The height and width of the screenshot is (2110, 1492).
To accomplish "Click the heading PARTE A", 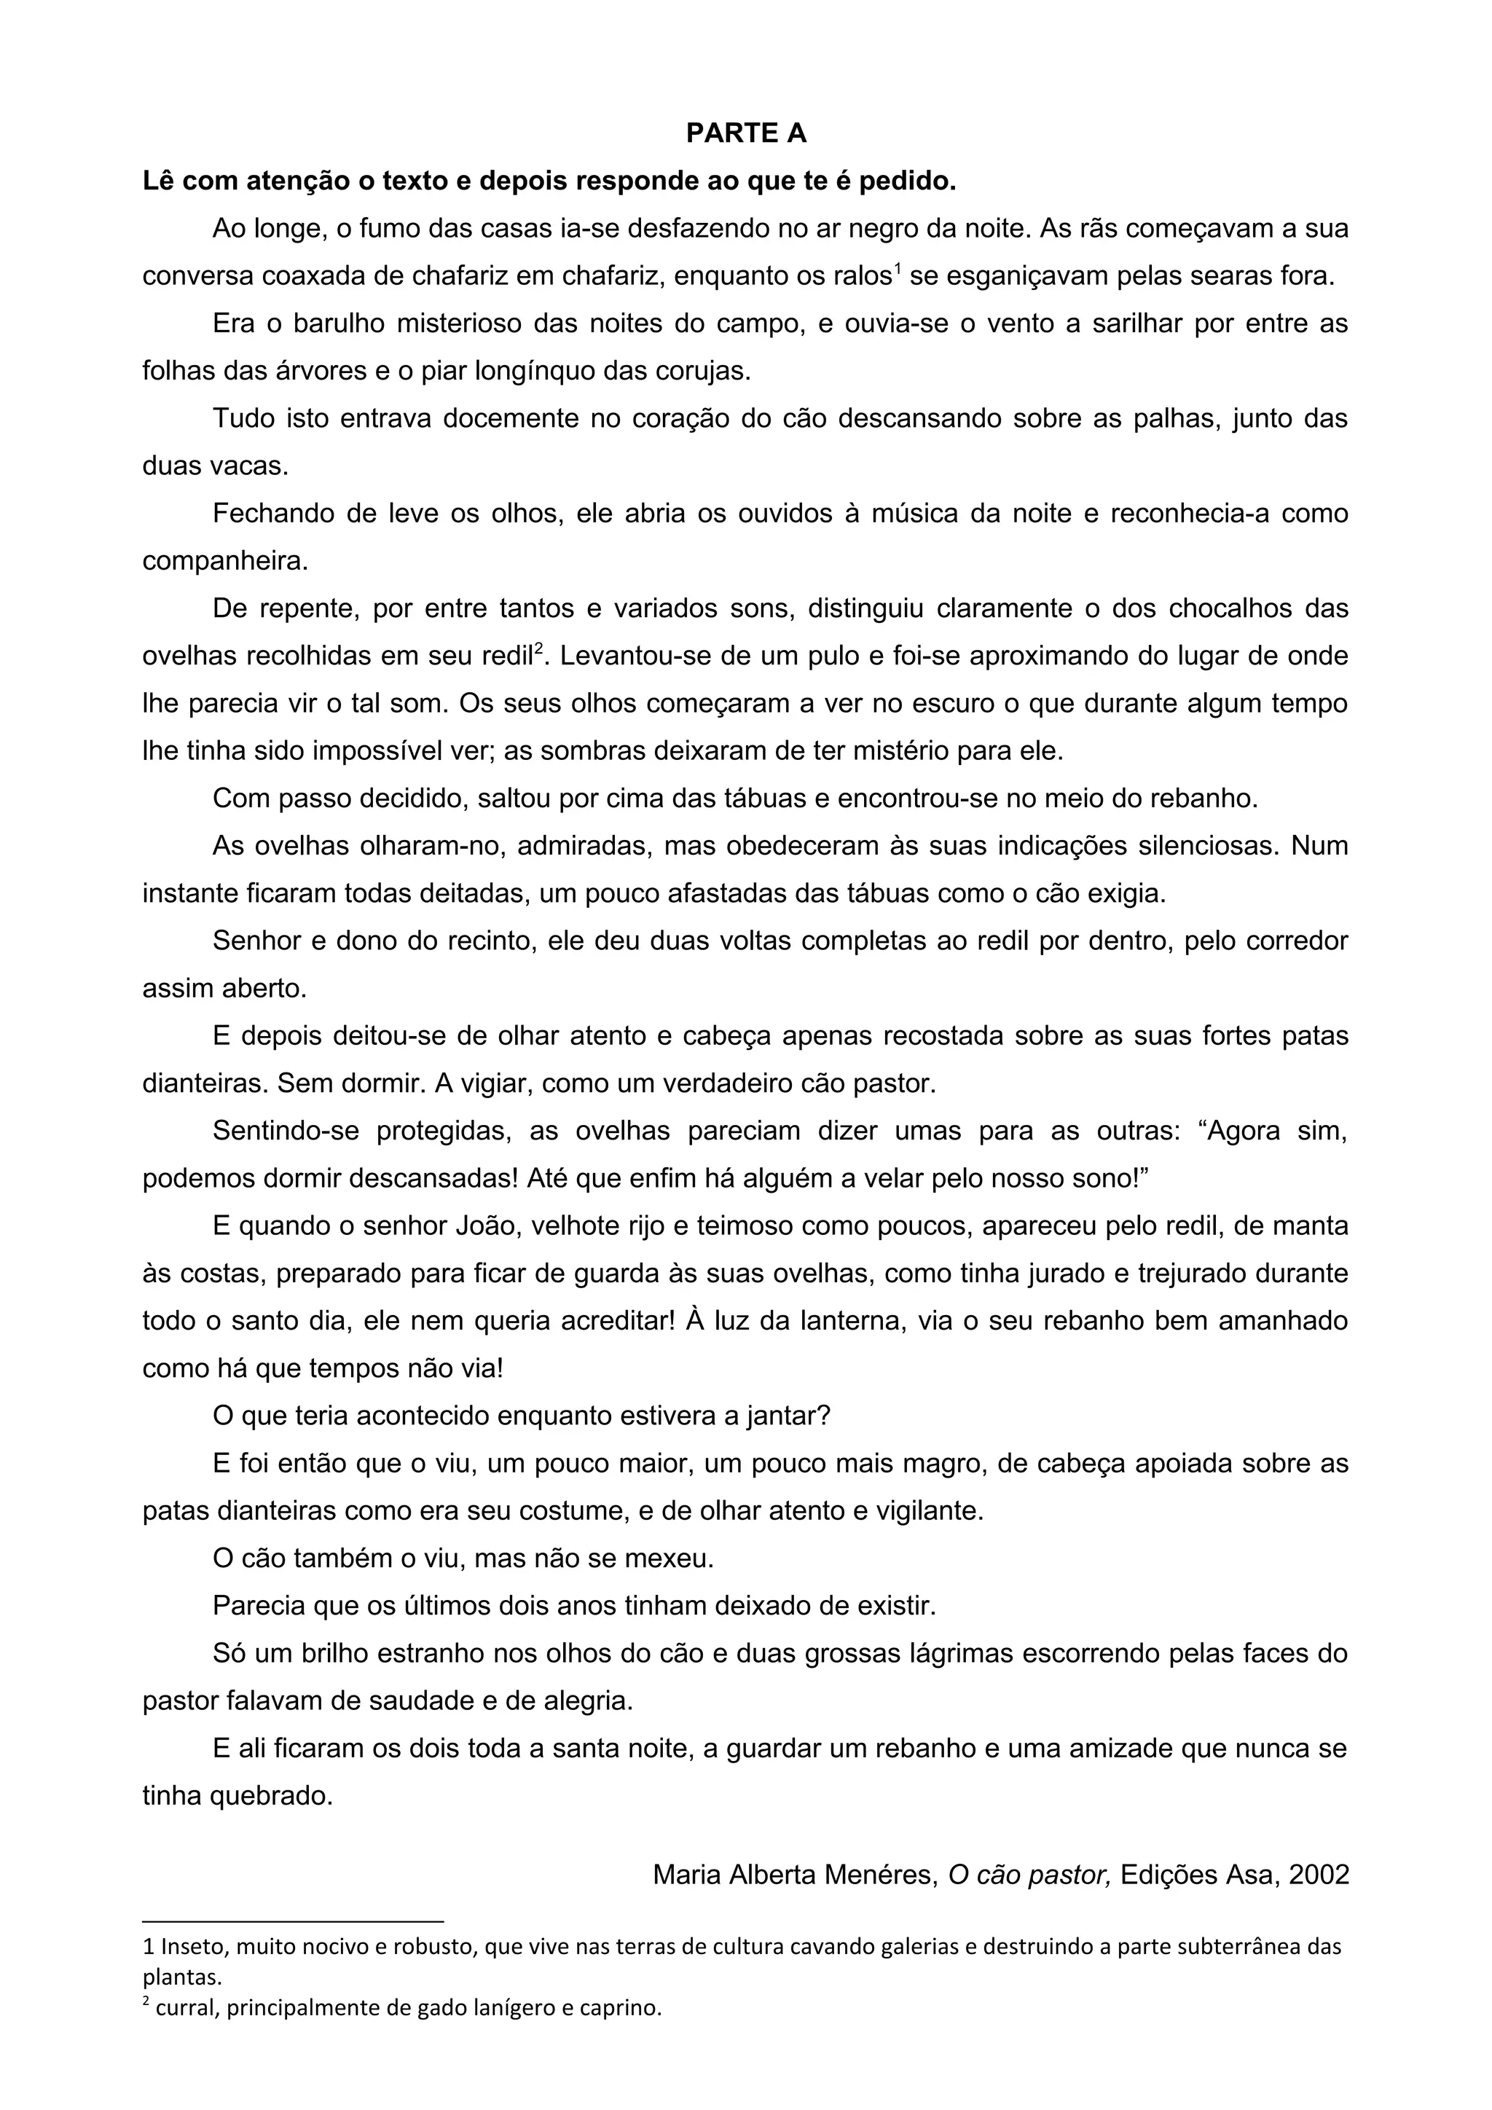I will click(746, 133).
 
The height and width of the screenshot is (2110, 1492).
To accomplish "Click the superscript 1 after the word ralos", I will click(898, 268).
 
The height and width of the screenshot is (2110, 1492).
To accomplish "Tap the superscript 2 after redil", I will click(541, 648).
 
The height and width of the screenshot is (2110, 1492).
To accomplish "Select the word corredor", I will click(1294, 941).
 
